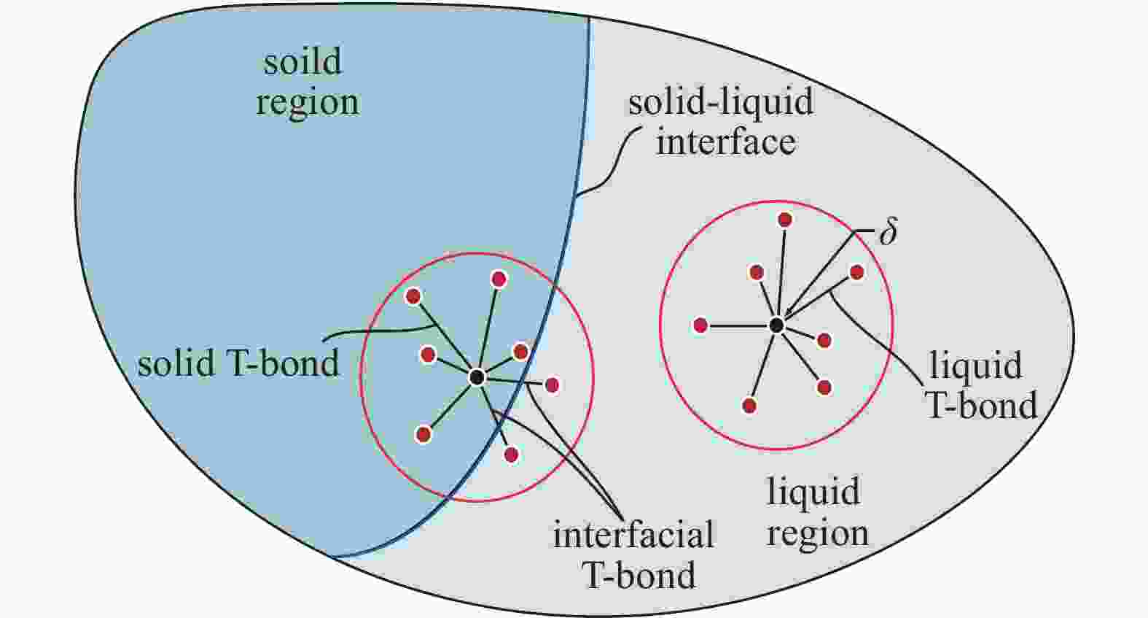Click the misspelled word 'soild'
302,61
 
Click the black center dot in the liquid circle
776,325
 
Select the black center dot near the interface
477,377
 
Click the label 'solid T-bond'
238,363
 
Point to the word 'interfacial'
633,535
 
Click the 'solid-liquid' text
721,101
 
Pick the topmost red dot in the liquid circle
784,220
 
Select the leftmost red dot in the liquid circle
700,325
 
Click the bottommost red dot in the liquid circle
749,406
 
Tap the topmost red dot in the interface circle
498,279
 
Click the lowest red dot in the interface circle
511,455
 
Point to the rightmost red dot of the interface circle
552,385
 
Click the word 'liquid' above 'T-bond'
976,366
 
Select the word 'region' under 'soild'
308,103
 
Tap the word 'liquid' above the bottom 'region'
813,491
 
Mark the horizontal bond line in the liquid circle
738,325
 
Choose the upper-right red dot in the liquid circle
857,272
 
